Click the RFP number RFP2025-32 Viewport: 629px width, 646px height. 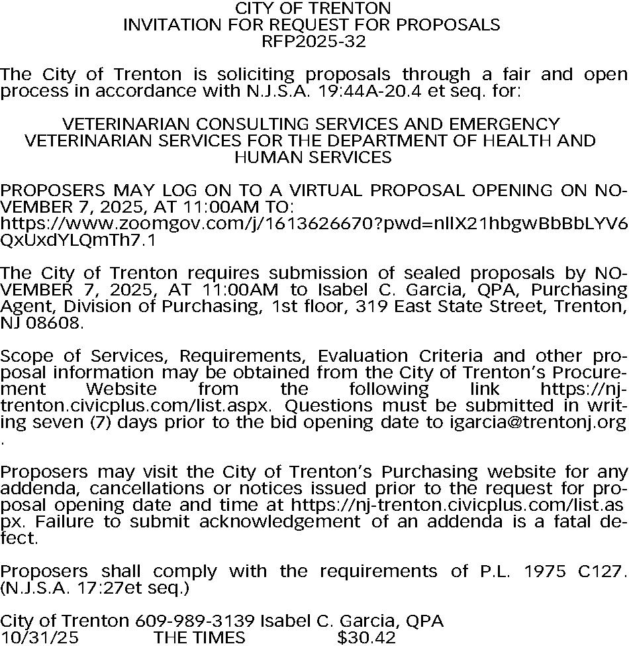pyautogui.click(x=314, y=42)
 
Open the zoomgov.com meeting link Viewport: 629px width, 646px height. pyautogui.click(x=314, y=224)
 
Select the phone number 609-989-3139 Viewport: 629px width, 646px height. pyautogui.click(x=195, y=621)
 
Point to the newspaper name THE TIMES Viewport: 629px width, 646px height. pyautogui.click(x=199, y=638)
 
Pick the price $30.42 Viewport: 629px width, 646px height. pyautogui.click(x=366, y=638)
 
